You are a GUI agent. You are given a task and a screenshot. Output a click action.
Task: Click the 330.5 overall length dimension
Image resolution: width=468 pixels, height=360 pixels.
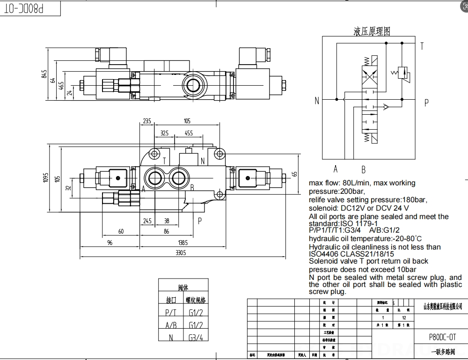pos(180,253)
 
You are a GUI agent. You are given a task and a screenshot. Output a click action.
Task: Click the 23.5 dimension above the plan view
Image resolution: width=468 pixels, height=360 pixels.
pos(146,121)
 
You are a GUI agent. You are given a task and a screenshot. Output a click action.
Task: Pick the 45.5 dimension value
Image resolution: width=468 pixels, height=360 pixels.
pos(189,133)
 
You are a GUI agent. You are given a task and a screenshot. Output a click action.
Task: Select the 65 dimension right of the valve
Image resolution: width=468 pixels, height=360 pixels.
pos(295,174)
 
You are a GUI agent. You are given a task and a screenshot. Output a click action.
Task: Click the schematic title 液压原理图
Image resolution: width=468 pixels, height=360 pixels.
pos(372,31)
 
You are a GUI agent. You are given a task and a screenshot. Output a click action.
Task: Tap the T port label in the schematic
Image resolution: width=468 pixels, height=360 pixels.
pos(422,46)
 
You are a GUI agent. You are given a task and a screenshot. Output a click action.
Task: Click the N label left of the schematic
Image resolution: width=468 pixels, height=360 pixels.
pos(317,101)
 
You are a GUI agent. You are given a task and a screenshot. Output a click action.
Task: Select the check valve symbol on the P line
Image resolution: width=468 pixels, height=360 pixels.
pos(385,107)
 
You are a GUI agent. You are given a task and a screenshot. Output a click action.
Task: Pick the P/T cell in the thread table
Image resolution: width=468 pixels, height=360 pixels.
pos(171,313)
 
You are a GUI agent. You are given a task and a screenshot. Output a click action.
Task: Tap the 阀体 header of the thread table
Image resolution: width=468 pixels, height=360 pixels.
pos(183,288)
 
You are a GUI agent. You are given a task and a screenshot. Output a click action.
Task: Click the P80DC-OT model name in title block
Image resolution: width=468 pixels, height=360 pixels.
pos(442,337)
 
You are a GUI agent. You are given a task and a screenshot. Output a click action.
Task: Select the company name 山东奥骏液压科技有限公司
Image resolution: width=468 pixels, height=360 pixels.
pos(442,307)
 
